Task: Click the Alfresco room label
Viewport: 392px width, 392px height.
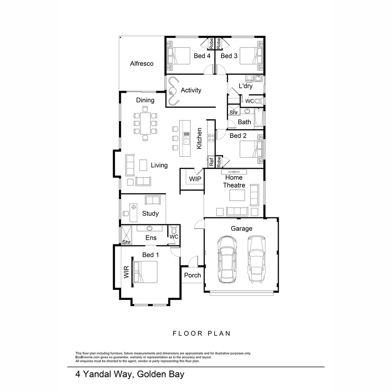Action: point(142,64)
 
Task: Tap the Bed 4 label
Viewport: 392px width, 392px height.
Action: point(202,56)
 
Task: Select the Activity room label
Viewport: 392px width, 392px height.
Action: point(191,90)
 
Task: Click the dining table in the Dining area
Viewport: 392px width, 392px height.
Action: point(145,123)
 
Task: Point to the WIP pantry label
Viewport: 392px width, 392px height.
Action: point(195,179)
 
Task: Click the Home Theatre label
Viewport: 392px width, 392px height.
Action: point(234,181)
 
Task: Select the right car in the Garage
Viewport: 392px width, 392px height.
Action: point(256,258)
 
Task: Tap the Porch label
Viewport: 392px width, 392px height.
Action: point(192,275)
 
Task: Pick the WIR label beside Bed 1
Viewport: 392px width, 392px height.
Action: point(126,272)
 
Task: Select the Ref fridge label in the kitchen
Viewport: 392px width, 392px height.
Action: point(211,162)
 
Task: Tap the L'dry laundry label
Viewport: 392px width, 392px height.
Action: point(245,86)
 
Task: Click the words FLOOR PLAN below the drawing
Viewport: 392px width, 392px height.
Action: point(201,333)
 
